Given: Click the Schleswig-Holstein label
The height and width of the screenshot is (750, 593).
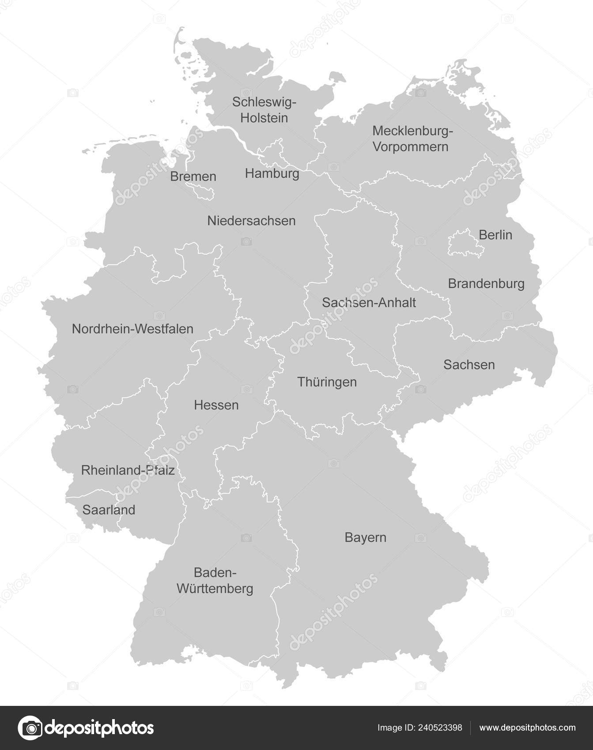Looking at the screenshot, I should coord(264,110).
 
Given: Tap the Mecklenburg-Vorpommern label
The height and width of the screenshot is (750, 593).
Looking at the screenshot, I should coord(412,139).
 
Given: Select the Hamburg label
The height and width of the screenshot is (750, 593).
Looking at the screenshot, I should coord(272,173).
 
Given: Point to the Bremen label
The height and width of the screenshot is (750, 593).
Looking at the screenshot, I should coord(193,176).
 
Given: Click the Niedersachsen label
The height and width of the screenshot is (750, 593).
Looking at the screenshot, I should coord(251,221).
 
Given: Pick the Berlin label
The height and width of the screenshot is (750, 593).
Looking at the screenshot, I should coord(495,235).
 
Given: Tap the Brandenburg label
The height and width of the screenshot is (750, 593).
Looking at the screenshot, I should coord(486,283).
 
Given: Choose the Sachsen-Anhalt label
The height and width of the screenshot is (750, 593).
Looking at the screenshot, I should coord(369,302).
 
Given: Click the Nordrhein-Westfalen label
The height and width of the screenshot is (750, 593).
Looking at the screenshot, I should coord(132,329).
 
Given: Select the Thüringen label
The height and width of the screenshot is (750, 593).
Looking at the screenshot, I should coord(327,382).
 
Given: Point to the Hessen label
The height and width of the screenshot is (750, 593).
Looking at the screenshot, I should coord(216,405).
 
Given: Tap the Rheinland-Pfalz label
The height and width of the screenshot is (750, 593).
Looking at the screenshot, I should coord(128,470).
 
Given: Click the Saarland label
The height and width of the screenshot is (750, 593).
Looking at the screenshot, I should coord(109,510).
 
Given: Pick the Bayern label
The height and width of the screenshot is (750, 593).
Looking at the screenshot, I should coord(365,537).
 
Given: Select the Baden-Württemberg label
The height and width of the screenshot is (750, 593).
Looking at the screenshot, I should coord(215,581).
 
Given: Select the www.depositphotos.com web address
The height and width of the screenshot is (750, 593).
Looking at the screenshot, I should coord(527,727).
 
